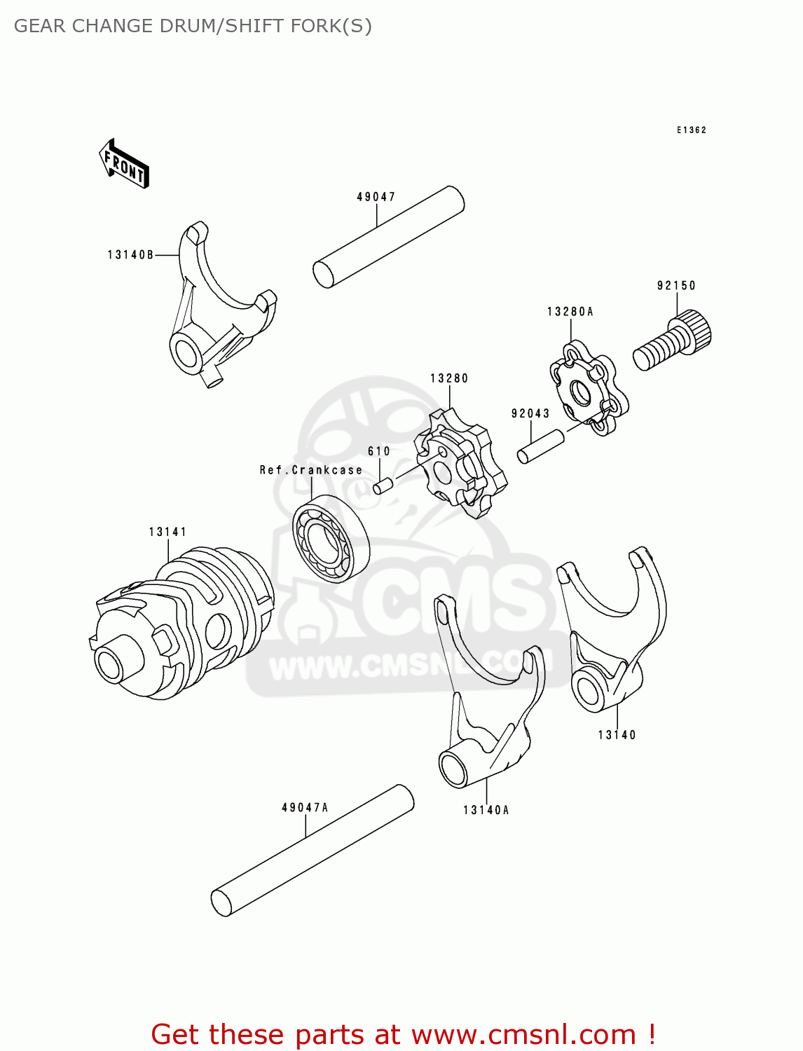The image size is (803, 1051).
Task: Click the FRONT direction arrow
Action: pos(125,163)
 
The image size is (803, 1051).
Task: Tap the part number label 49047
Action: pos(376,197)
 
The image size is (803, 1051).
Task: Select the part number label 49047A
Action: pos(305,808)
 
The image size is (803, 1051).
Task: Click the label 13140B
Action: pos(130,255)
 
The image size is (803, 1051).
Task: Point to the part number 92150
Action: pos(676,286)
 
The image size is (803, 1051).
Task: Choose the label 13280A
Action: pos(570,312)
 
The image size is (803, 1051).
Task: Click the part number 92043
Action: pos(530,414)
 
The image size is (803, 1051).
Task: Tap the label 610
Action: pos(379,451)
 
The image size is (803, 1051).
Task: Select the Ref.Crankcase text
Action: pos(311,470)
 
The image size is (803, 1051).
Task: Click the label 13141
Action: pos(168,533)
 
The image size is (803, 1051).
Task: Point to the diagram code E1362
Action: pos(692,130)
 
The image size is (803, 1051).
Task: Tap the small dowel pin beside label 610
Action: pos(383,485)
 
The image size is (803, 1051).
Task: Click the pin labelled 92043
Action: pos(540,446)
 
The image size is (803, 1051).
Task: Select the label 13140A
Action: pos(486,811)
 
